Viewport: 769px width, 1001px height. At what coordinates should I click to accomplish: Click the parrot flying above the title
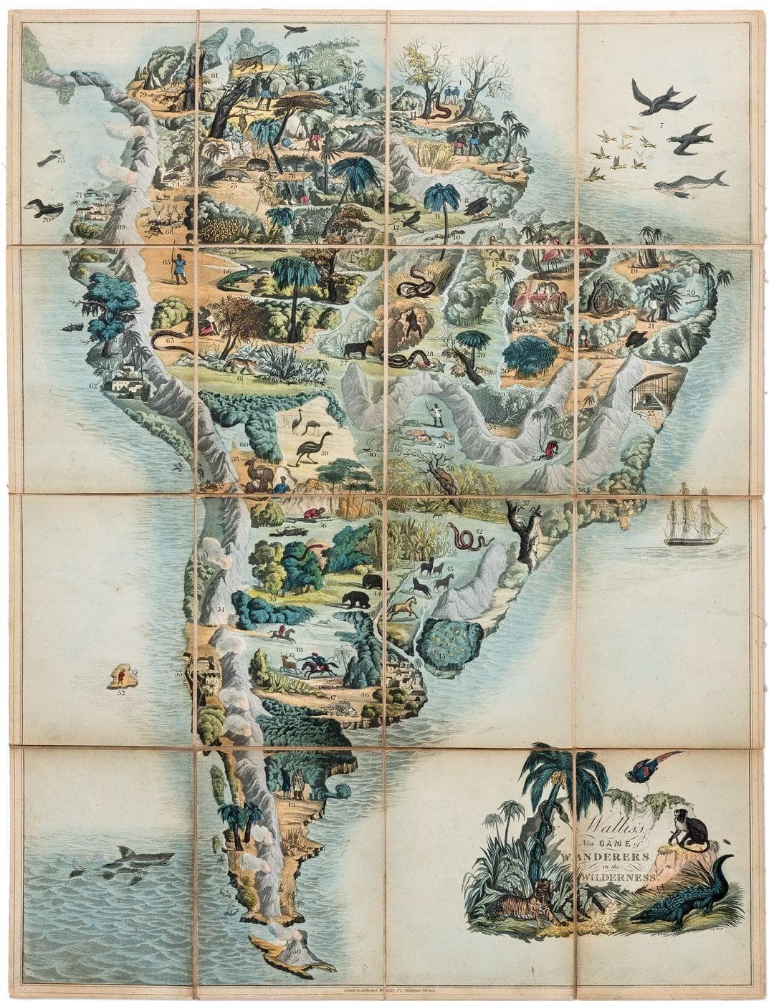[647, 767]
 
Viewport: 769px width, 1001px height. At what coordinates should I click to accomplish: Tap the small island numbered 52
[122, 676]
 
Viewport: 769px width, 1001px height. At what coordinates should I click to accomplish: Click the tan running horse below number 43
[402, 608]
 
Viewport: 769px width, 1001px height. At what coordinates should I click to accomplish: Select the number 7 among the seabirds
[662, 126]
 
